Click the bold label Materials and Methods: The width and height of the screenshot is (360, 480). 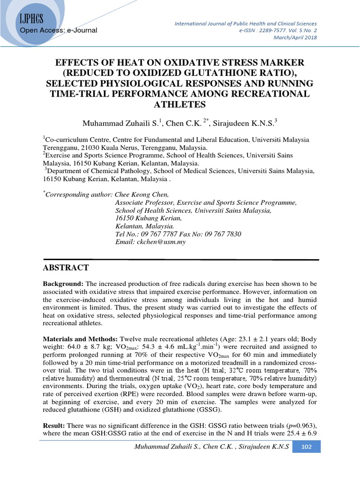point(81,338)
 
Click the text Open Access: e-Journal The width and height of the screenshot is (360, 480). point(59,30)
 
